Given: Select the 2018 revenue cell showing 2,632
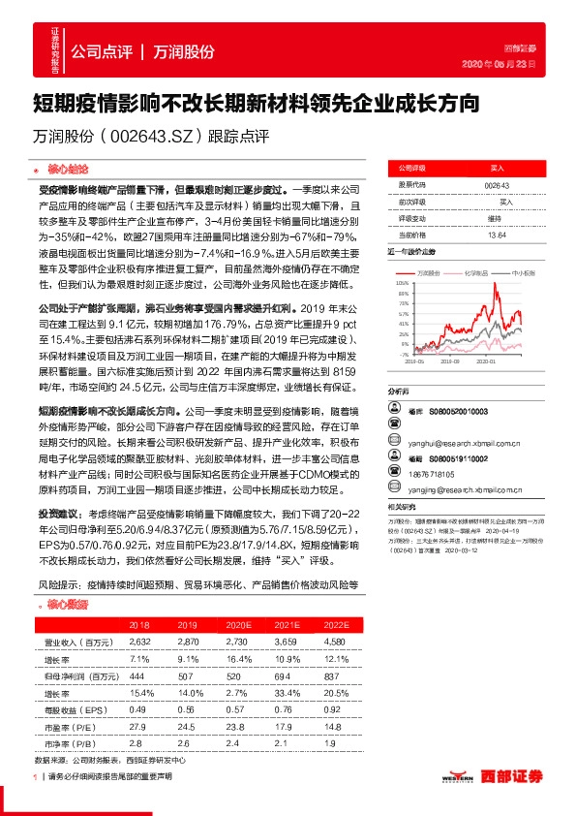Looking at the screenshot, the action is [140, 642].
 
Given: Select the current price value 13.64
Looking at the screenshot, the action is [497, 234].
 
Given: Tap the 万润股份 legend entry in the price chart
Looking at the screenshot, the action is [432, 273].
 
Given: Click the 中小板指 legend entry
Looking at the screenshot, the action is [524, 273].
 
